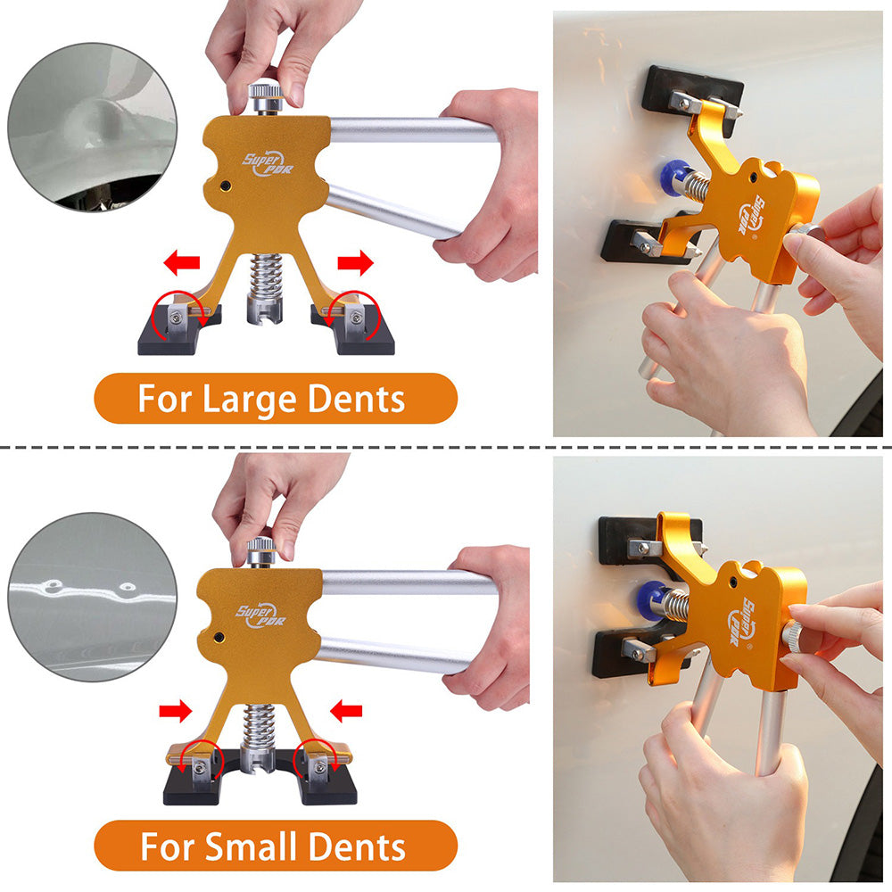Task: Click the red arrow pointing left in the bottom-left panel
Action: [x=346, y=711]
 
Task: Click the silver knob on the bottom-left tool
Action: [x=260, y=551]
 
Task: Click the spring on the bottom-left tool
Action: [x=260, y=724]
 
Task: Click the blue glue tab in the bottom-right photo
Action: [x=653, y=600]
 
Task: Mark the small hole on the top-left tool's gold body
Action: [x=226, y=186]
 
